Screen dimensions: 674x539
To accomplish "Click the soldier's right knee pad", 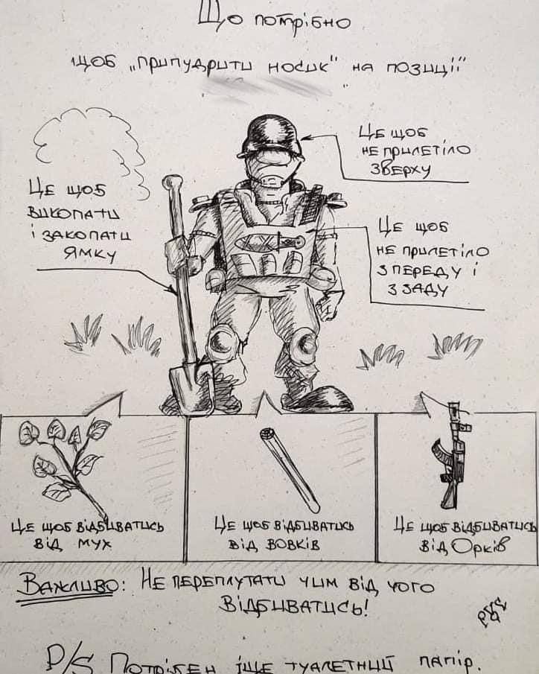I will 223,346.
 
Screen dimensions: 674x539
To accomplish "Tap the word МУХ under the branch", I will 94,544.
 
